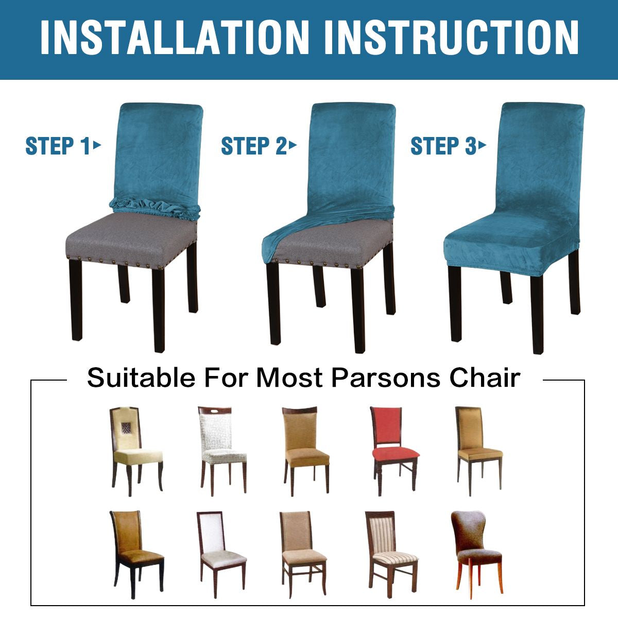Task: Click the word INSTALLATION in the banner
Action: coord(175,38)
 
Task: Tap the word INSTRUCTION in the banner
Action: coord(451,38)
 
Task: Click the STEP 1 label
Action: coord(63,146)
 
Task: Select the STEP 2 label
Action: coord(259,146)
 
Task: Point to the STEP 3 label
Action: coord(448,146)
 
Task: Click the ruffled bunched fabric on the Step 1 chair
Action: coord(154,208)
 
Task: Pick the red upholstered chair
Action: coord(395,451)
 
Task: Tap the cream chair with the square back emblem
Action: coord(136,451)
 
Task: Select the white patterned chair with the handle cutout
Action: coord(222,451)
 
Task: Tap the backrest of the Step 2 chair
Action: coord(351,160)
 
